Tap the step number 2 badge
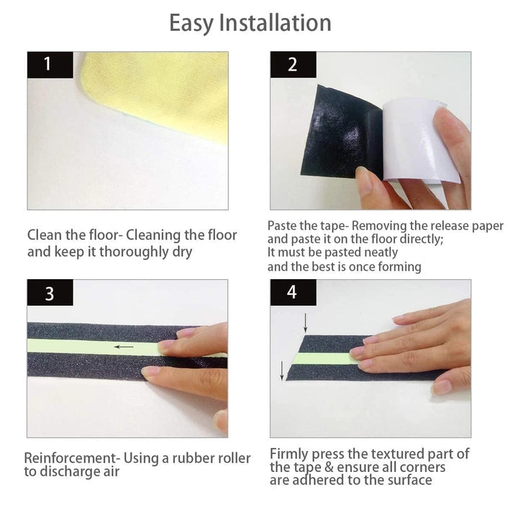(x=293, y=64)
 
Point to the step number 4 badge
(x=293, y=292)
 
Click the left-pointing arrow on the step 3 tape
(x=124, y=347)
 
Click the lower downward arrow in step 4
(x=282, y=371)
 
